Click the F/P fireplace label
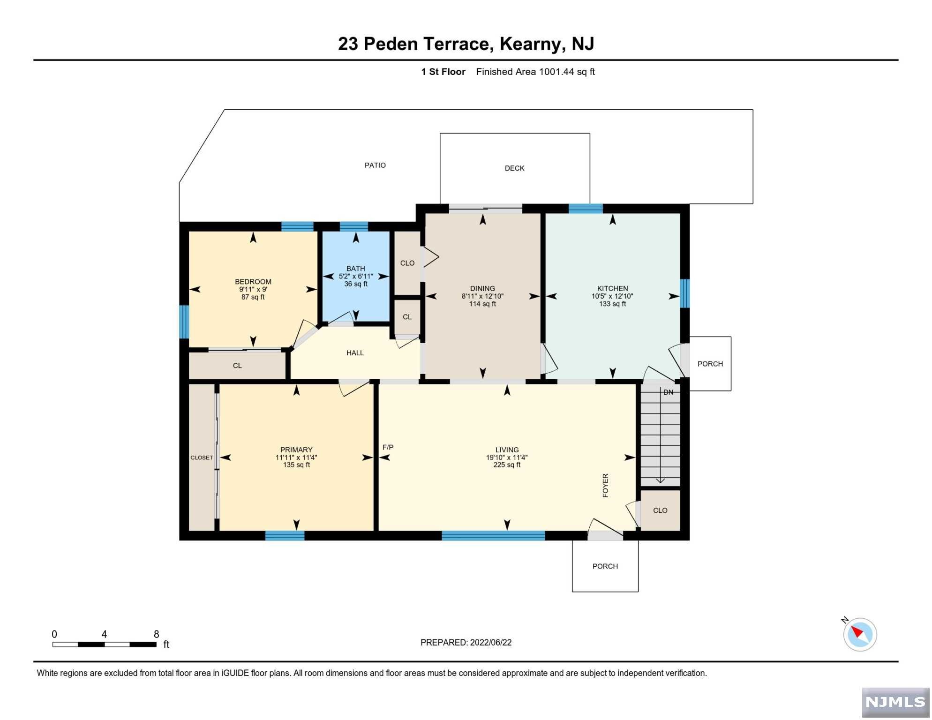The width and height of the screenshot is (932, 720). (388, 448)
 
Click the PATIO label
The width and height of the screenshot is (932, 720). (376, 165)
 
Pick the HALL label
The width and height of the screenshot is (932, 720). (355, 353)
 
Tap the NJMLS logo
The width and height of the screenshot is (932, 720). (896, 703)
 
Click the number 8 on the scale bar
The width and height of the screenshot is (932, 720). (157, 635)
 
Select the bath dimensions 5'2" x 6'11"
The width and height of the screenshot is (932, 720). (356, 277)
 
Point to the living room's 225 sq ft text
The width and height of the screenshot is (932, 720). (507, 465)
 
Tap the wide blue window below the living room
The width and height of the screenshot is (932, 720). (494, 536)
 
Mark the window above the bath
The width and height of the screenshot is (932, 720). (354, 227)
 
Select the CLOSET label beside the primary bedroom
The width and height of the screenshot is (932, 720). (202, 458)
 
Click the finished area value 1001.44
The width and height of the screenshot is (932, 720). (556, 72)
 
